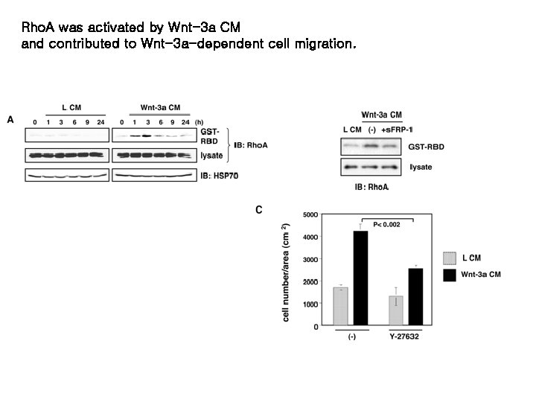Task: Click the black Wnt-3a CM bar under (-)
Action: coord(361,278)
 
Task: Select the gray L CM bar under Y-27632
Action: coord(396,310)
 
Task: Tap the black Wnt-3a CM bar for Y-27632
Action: coord(415,296)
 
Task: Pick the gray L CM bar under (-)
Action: coord(342,306)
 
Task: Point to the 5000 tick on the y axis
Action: coord(310,214)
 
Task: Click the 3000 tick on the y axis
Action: coord(310,259)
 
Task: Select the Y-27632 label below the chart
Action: coord(405,336)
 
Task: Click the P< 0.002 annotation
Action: coord(386,224)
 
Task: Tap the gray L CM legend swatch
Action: coord(450,258)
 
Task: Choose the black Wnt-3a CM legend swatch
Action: coord(450,275)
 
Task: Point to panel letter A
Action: coord(10,119)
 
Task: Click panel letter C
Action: coord(259,210)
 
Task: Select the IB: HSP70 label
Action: coord(223,176)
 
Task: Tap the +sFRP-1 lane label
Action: coord(397,130)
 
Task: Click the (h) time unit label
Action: coord(199,122)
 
